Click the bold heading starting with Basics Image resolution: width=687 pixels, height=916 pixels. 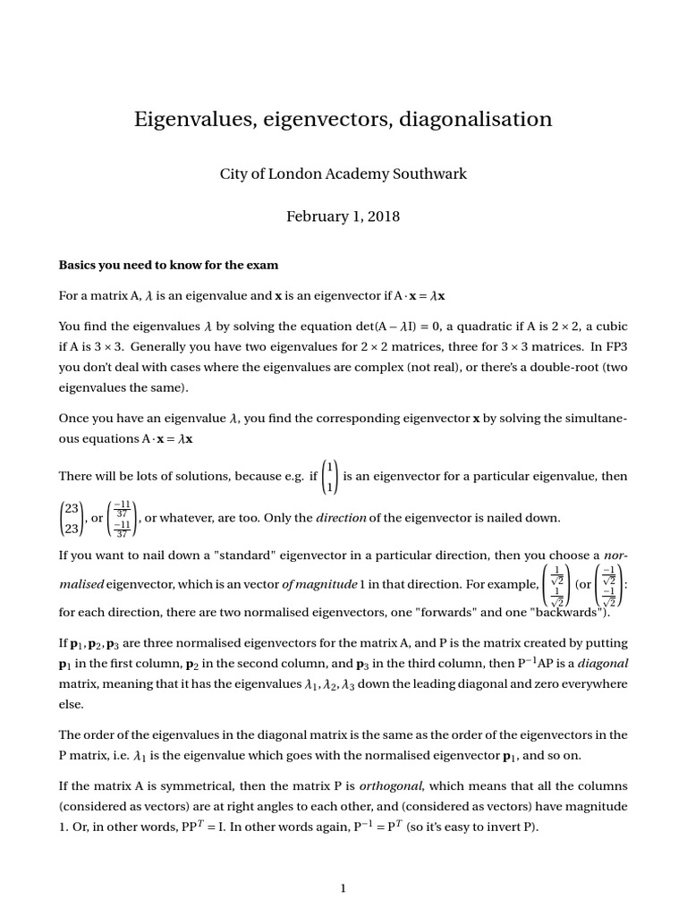(168, 265)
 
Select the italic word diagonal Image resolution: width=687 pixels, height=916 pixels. (607, 664)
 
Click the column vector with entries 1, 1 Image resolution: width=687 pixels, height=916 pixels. (330, 477)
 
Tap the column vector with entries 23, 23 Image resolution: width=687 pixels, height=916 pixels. (71, 518)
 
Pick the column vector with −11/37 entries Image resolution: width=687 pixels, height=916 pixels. (122, 518)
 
